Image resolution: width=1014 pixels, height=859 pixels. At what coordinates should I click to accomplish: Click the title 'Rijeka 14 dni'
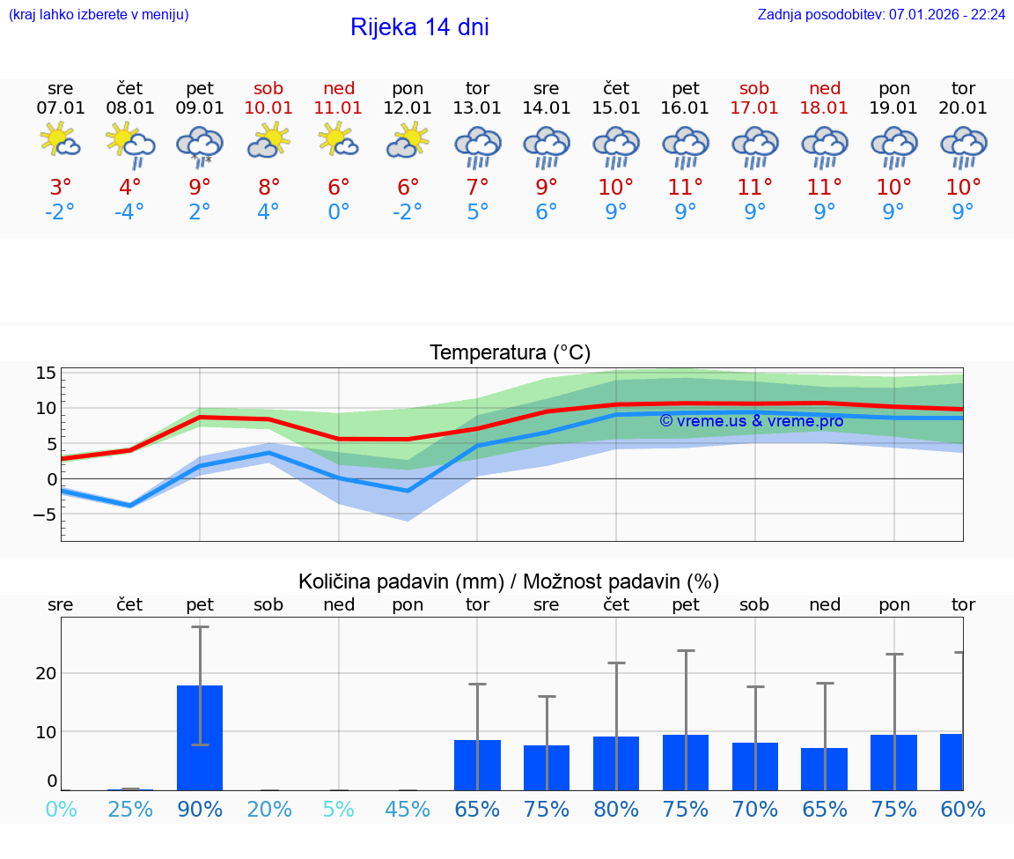(x=419, y=27)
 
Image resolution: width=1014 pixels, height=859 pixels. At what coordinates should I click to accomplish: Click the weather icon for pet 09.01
(x=200, y=145)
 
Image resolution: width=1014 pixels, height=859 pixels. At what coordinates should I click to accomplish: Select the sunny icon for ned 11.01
(x=339, y=141)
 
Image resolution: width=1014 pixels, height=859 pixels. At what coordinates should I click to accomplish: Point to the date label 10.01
(x=269, y=107)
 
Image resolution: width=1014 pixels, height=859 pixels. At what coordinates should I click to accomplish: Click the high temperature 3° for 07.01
(x=61, y=187)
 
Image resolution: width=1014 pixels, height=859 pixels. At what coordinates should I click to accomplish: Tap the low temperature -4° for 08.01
(x=129, y=212)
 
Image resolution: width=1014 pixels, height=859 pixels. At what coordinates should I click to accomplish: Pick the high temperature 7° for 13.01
(x=477, y=187)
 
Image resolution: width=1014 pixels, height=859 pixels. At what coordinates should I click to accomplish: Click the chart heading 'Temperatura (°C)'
(x=510, y=352)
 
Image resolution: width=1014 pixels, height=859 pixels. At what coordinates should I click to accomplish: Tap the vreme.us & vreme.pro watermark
(x=751, y=420)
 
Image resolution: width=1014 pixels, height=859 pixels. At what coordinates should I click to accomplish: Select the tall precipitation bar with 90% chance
(x=200, y=737)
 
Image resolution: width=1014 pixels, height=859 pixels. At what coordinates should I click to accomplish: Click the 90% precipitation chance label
(x=200, y=809)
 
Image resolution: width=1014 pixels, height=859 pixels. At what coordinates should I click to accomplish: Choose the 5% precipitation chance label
(x=339, y=809)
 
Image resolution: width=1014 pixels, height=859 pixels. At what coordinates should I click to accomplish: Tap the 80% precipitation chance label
(x=616, y=809)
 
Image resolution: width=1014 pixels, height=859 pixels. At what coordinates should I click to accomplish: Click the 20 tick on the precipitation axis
(x=46, y=673)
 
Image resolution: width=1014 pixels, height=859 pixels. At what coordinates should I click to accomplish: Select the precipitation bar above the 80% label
(x=616, y=763)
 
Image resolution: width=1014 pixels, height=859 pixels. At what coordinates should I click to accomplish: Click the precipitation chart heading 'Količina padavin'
(x=400, y=581)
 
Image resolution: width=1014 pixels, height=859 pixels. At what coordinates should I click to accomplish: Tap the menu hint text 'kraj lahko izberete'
(x=99, y=14)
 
